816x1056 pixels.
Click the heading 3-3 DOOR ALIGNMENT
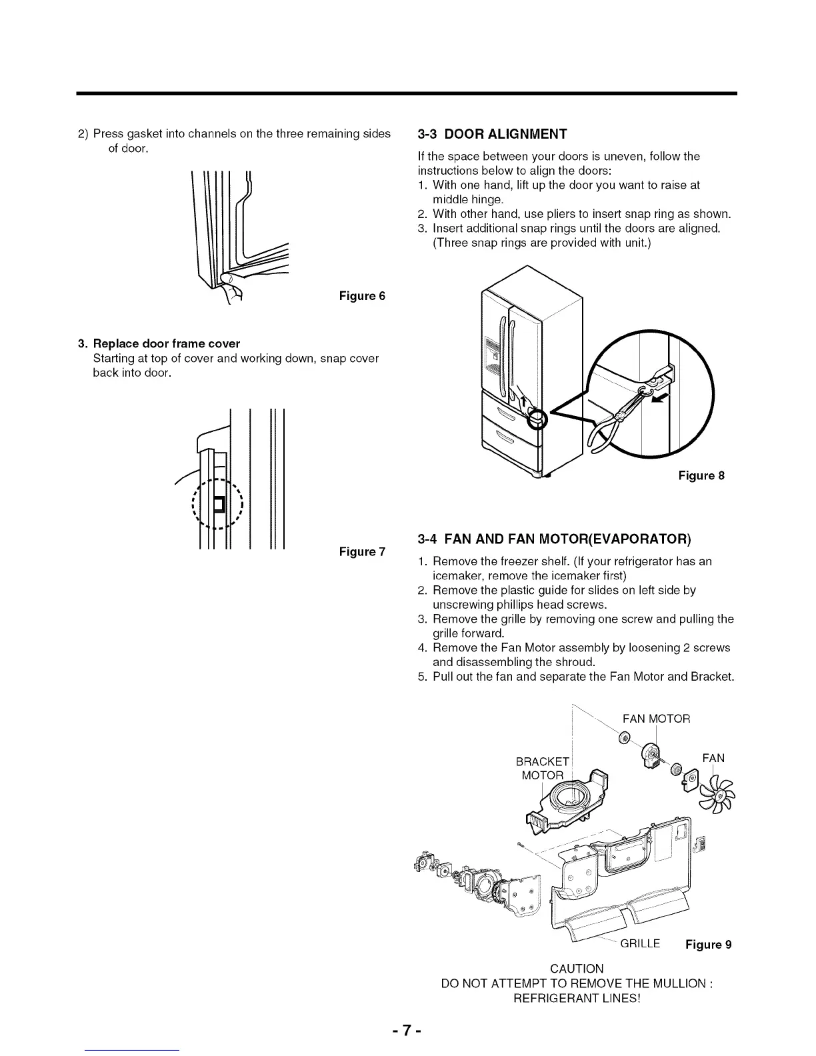[x=491, y=134]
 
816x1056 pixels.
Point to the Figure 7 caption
[x=362, y=552]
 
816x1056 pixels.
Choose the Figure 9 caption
[x=707, y=944]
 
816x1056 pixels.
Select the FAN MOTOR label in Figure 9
[x=656, y=719]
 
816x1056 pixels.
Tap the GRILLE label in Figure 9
[x=640, y=943]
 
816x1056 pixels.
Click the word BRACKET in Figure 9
[x=543, y=762]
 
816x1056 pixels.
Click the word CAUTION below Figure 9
[x=577, y=968]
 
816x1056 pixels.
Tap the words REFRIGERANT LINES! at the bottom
[x=577, y=998]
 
